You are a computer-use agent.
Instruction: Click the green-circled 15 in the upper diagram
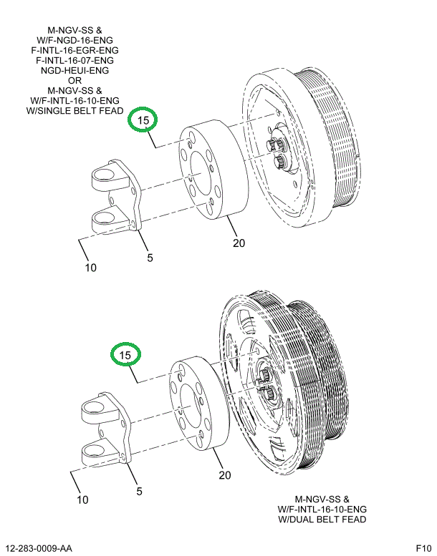(x=143, y=121)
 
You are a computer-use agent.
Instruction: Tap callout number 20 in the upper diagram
(x=239, y=243)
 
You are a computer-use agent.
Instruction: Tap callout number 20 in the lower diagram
(x=224, y=475)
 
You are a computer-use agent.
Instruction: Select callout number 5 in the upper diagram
(x=150, y=258)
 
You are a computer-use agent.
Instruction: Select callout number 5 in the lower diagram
(x=140, y=491)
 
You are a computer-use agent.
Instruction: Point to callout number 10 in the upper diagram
(x=90, y=268)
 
